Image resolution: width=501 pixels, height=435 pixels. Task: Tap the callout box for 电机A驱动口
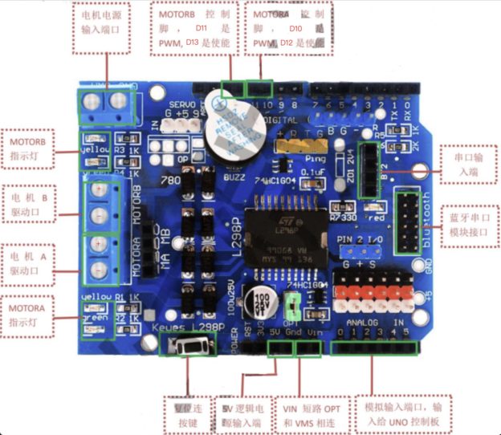click(x=31, y=264)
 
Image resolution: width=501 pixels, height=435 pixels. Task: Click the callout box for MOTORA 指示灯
click(x=30, y=315)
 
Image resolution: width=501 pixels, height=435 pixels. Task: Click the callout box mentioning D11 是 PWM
click(x=193, y=27)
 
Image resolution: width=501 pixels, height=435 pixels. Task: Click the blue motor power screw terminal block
click(x=109, y=102)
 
